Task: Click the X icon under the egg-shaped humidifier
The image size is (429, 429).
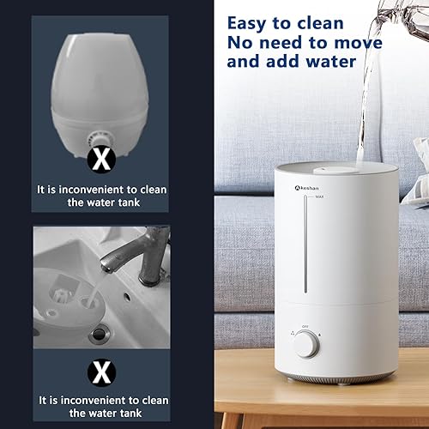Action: click(x=102, y=156)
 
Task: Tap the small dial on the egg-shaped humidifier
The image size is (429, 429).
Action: click(x=100, y=138)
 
